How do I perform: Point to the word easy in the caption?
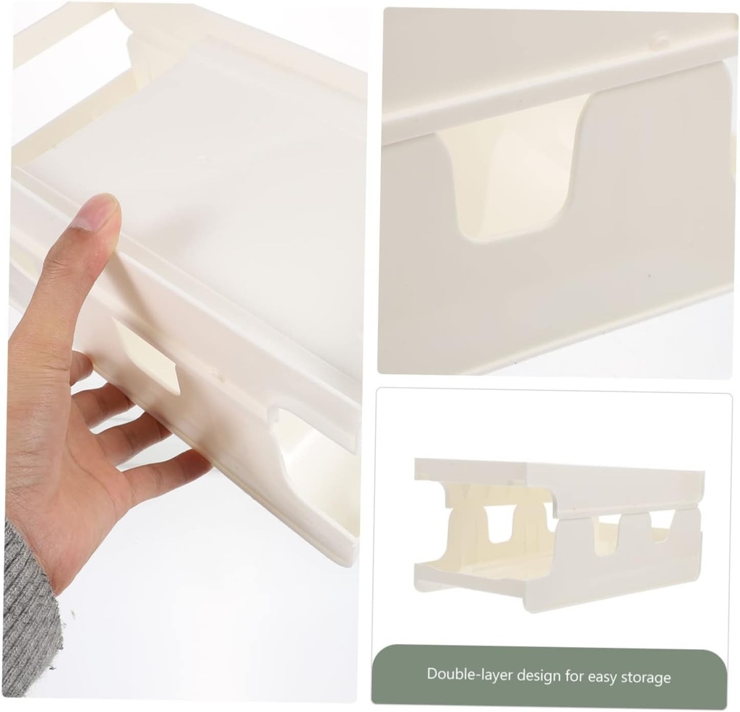click(604, 677)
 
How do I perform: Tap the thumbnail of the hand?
click(96, 213)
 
